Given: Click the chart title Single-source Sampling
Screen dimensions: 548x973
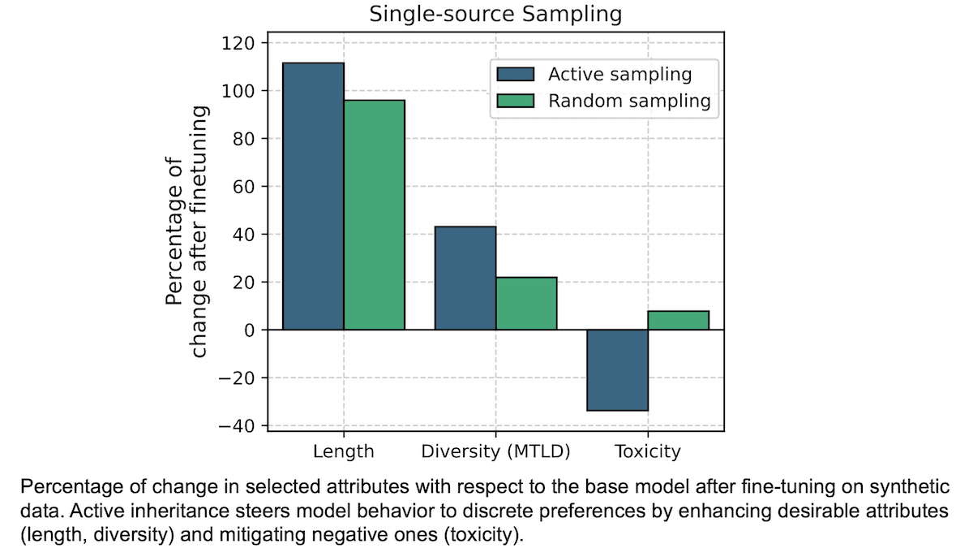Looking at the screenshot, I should (495, 15).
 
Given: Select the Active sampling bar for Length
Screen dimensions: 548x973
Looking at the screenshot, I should (313, 196).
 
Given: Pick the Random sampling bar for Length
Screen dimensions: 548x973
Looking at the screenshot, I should (374, 214).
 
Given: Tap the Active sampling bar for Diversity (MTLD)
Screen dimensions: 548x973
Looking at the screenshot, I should (465, 278).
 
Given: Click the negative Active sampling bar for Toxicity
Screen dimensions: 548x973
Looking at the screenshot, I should (617, 370).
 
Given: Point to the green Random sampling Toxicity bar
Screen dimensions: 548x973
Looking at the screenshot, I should (679, 320).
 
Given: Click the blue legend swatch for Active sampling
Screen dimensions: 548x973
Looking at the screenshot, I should (516, 75).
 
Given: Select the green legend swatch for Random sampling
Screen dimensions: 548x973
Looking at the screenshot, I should (516, 101).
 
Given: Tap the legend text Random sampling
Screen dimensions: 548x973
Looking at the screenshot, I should (629, 101).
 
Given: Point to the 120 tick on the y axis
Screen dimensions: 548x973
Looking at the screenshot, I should (238, 43).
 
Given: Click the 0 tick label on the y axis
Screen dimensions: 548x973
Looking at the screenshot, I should (249, 330).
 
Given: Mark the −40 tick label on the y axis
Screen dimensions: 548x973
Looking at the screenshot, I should (236, 426).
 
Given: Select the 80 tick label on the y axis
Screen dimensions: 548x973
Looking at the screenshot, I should (243, 139).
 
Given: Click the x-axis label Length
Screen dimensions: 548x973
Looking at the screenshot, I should (344, 451).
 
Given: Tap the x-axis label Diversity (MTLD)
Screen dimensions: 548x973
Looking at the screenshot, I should (495, 451).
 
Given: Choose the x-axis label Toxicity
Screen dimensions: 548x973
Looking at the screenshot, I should (647, 451).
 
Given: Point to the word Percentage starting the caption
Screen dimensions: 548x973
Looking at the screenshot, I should (66, 488).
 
